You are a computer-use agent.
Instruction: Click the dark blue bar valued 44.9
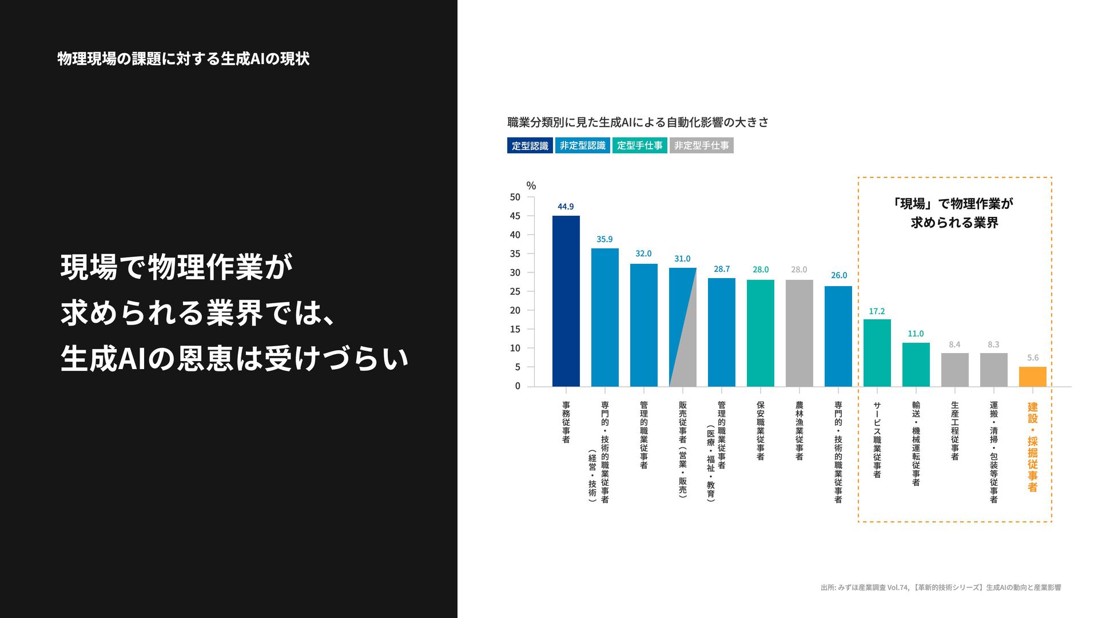point(566,301)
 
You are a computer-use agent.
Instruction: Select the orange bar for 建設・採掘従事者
point(1032,377)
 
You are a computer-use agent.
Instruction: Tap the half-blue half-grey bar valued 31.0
point(682,327)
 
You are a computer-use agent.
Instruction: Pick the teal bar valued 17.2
point(877,352)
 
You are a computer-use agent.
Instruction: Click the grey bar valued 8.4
point(954,370)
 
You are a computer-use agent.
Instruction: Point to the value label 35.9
point(604,239)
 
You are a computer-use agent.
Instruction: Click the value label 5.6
point(1032,358)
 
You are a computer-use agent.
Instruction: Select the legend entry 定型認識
point(530,145)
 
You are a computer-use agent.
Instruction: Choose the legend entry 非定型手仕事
point(701,145)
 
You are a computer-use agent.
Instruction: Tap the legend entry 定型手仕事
point(639,145)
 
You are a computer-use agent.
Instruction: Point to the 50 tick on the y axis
point(515,197)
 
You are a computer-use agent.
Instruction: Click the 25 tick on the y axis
point(515,292)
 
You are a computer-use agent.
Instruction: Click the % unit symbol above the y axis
point(531,186)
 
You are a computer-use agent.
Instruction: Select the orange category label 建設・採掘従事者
point(1032,447)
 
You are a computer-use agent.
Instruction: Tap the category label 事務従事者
point(566,422)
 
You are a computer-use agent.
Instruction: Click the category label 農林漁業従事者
point(799,430)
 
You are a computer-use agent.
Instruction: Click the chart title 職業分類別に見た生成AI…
point(638,122)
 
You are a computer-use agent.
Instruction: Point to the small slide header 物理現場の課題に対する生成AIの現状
point(183,59)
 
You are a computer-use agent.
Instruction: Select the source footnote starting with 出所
point(940,587)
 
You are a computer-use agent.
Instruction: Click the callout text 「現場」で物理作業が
point(953,204)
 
